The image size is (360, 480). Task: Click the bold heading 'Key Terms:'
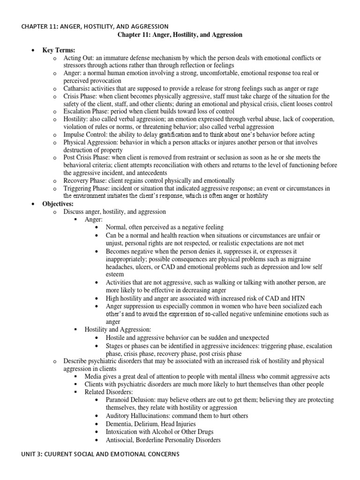(61, 50)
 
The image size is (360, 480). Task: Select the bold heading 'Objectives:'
(60, 204)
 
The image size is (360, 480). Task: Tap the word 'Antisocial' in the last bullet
(120, 440)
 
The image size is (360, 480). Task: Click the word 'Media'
(94, 376)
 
